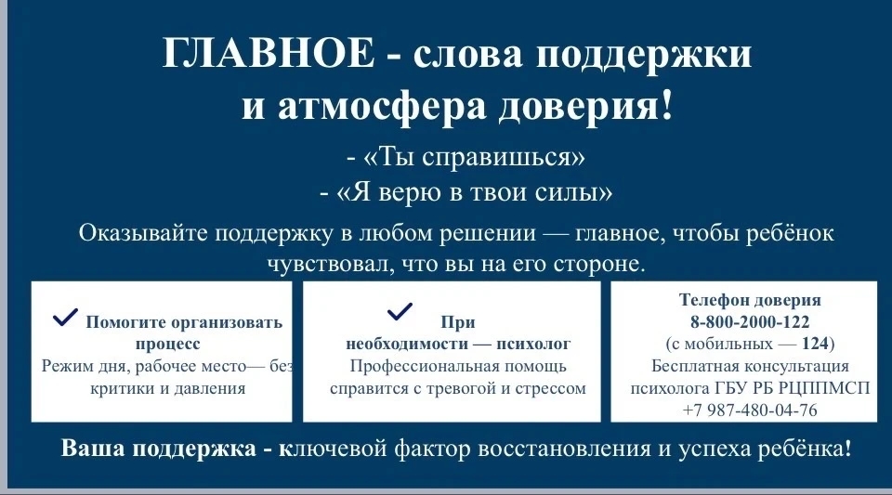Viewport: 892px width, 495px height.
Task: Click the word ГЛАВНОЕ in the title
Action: click(269, 53)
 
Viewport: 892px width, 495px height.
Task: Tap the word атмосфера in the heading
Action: click(381, 106)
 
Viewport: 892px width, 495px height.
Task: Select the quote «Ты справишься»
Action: click(474, 156)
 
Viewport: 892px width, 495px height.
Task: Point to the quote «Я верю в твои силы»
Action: click(475, 192)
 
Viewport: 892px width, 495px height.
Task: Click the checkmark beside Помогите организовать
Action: click(65, 317)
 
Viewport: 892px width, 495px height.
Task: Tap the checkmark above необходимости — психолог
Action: click(400, 311)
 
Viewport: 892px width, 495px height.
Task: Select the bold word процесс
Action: click(168, 345)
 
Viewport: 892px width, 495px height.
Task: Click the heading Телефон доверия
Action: click(750, 300)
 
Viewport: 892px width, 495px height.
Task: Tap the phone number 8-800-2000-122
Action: click(750, 322)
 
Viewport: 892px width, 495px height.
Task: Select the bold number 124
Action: click(816, 344)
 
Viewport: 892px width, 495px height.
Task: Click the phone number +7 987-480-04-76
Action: click(750, 410)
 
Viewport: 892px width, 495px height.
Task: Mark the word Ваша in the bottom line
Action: click(93, 448)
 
